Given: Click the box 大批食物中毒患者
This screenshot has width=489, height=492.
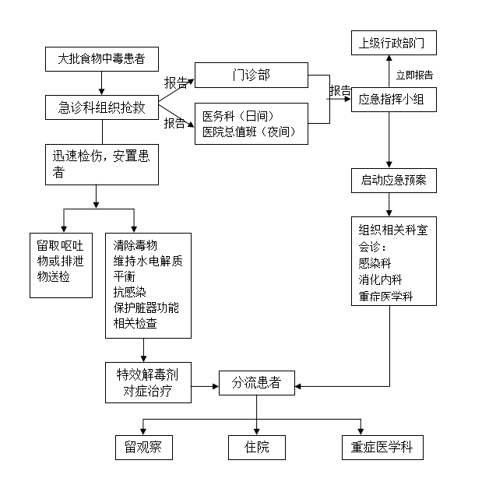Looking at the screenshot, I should point(100,58).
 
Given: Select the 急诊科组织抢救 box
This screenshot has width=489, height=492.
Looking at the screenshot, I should point(102,107).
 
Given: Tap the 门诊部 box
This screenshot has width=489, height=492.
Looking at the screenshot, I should point(252,76).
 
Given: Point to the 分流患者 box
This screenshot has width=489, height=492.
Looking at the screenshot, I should point(256,382).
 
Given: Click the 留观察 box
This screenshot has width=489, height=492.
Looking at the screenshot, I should point(142,448).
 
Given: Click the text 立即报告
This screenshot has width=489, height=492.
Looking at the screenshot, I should point(414,76).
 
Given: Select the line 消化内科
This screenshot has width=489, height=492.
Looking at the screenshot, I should point(381,279).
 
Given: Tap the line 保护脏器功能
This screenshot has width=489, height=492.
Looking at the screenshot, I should point(146,307).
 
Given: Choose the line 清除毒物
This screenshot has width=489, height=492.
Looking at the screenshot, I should point(135,245).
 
